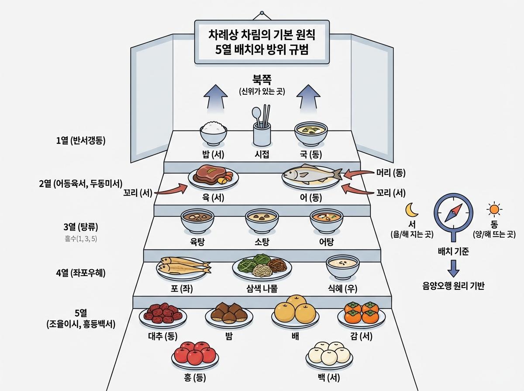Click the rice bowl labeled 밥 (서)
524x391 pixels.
[214, 133]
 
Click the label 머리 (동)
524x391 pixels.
[391, 173]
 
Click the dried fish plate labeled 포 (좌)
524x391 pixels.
[183, 267]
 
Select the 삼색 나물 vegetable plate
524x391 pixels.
[262, 267]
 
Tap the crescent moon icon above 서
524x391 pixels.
[411, 210]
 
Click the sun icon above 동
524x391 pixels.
[494, 210]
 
